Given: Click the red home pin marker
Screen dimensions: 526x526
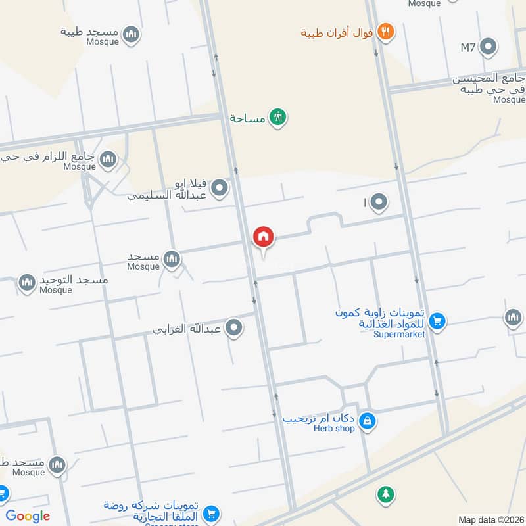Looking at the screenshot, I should point(264,237).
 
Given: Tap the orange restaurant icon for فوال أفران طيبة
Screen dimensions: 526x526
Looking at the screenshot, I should point(385,32).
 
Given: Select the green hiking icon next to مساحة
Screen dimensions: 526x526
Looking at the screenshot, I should point(278,118).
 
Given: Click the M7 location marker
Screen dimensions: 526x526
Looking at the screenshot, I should point(488,47).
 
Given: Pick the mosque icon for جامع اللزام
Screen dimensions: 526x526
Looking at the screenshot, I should point(108,159).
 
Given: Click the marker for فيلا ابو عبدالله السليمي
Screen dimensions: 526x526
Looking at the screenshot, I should point(220,189).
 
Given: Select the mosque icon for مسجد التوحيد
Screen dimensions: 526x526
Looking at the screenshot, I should point(27,283).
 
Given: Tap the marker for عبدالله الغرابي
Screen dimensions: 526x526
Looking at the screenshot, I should point(233,327).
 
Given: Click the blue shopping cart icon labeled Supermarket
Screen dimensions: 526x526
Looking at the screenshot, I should point(437,322).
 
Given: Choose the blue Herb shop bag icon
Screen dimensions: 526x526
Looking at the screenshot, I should point(368,421).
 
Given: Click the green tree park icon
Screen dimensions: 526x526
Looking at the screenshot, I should point(384,494).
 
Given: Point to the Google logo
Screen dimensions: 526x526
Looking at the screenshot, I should point(28,516).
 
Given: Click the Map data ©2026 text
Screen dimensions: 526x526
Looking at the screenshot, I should point(490,520).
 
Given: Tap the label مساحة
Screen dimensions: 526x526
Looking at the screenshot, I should point(247,118).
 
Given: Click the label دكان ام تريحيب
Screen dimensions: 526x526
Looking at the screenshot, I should point(319,418).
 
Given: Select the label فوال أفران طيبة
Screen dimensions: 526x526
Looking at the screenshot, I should point(337,32).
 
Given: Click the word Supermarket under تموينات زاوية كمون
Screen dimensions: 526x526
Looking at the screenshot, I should point(399,334).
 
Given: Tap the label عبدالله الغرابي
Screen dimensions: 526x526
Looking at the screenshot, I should point(187,328).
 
